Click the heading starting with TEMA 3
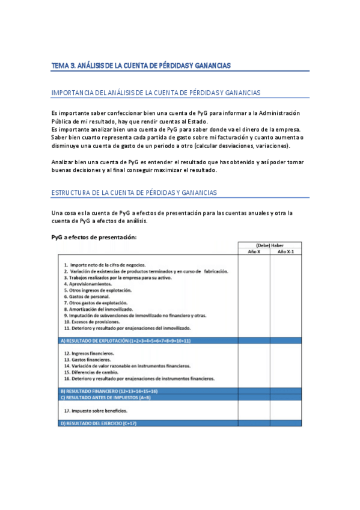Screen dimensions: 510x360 141,65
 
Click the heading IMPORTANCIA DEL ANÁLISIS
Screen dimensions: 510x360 156,93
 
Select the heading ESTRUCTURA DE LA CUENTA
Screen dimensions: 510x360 134,192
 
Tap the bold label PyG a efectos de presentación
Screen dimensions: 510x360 94,237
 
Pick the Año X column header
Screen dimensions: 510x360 254,252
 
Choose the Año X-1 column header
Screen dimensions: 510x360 285,252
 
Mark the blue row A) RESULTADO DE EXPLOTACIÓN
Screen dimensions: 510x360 125,340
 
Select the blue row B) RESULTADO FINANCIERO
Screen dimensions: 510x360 108,391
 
